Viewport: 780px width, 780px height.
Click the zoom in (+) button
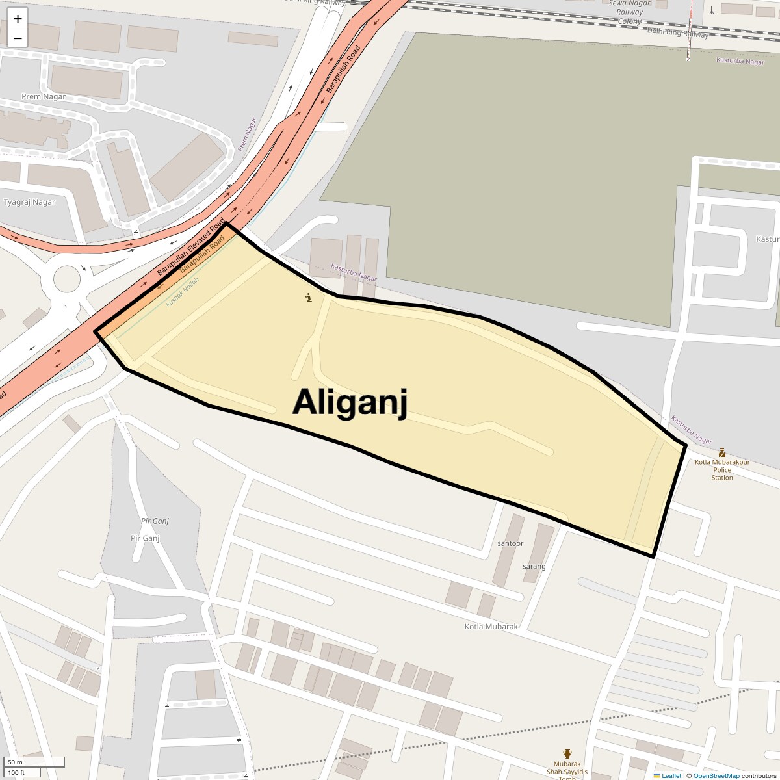coord(18,19)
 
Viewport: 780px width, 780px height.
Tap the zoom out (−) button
coord(18,38)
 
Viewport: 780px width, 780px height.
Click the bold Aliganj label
coord(350,402)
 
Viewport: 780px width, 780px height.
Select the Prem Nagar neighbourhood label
coord(44,97)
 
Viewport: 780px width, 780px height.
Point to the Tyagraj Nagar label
coord(29,202)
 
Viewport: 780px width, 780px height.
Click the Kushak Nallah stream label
coord(182,292)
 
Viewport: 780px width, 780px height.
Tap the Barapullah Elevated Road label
coord(190,243)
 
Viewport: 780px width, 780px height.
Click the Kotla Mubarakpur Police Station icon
coord(721,452)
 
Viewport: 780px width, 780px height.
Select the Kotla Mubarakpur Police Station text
coord(722,470)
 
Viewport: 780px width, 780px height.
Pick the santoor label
coord(510,543)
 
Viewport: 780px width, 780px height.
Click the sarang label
coord(534,567)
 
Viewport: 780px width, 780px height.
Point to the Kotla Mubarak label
coord(491,627)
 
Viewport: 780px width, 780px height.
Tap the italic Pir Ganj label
coord(155,521)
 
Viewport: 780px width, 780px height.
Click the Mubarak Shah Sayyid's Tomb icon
coord(567,754)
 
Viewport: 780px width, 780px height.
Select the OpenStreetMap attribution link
coord(716,775)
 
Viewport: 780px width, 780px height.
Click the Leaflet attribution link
coord(671,775)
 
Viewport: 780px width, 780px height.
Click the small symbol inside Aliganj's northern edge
coord(309,298)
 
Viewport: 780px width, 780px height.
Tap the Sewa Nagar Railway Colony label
coord(629,12)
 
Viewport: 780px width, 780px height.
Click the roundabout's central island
coord(67,279)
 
